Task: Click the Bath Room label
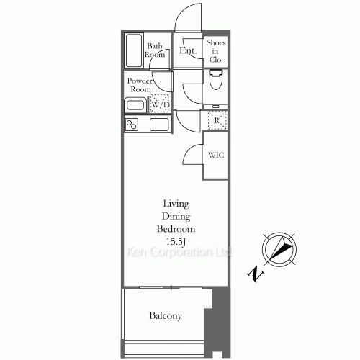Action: [x=155, y=50]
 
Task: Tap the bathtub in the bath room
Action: [x=135, y=50]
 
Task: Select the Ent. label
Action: [x=188, y=51]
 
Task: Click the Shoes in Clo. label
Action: [x=216, y=51]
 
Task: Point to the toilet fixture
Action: [x=216, y=80]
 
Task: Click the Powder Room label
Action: [x=140, y=85]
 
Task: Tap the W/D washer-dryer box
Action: [x=160, y=105]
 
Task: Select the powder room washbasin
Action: [x=135, y=105]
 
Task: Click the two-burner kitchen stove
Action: [x=132, y=125]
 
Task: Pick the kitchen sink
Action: [x=159, y=125]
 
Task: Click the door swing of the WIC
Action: [x=194, y=153]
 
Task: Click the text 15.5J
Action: [x=176, y=241]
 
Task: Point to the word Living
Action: [x=176, y=204]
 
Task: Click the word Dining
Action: [x=176, y=216]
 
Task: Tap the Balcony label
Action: [x=166, y=315]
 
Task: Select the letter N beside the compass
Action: [x=254, y=274]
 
